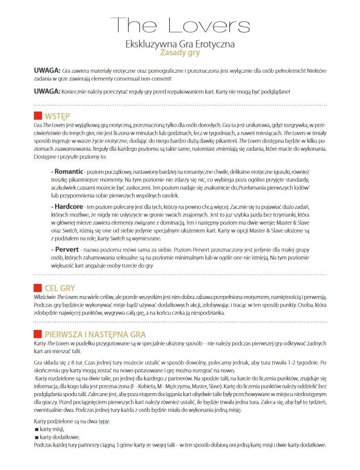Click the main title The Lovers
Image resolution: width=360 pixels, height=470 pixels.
[x=180, y=24]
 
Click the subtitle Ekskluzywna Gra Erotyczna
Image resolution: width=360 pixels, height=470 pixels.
[x=180, y=44]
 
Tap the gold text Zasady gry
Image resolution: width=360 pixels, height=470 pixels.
[x=180, y=52]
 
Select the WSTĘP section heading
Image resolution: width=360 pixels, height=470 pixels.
[x=57, y=115]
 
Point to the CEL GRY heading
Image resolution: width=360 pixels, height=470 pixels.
[x=60, y=288]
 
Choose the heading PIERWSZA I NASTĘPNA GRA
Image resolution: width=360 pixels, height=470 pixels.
[x=95, y=334]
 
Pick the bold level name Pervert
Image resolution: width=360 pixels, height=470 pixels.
[x=66, y=250]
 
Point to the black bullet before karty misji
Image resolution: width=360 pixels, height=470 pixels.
[x=36, y=429]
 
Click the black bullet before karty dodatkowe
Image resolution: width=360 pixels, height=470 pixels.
[x=36, y=437]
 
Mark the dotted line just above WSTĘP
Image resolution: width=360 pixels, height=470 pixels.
[x=180, y=105]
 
